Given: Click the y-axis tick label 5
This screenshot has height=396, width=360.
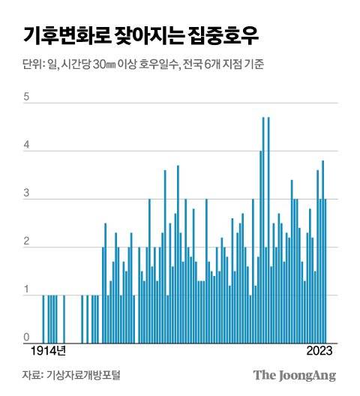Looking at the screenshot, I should point(26,98).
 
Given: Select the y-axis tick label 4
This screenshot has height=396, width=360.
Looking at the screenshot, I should point(26,146).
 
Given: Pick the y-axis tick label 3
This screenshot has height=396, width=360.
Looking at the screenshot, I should point(26,194).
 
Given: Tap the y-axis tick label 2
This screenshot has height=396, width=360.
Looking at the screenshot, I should point(26,242).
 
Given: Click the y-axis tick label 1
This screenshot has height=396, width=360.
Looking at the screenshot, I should point(26,290).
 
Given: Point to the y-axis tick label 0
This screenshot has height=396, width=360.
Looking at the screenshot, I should point(26,337).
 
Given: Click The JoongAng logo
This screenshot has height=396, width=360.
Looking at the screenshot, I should point(294,375).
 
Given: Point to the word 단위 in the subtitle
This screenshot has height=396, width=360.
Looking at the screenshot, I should point(32,64).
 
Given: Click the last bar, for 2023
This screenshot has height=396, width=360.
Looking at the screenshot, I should point(325,270).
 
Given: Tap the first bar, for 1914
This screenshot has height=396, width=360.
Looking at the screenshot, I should point(43,318).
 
